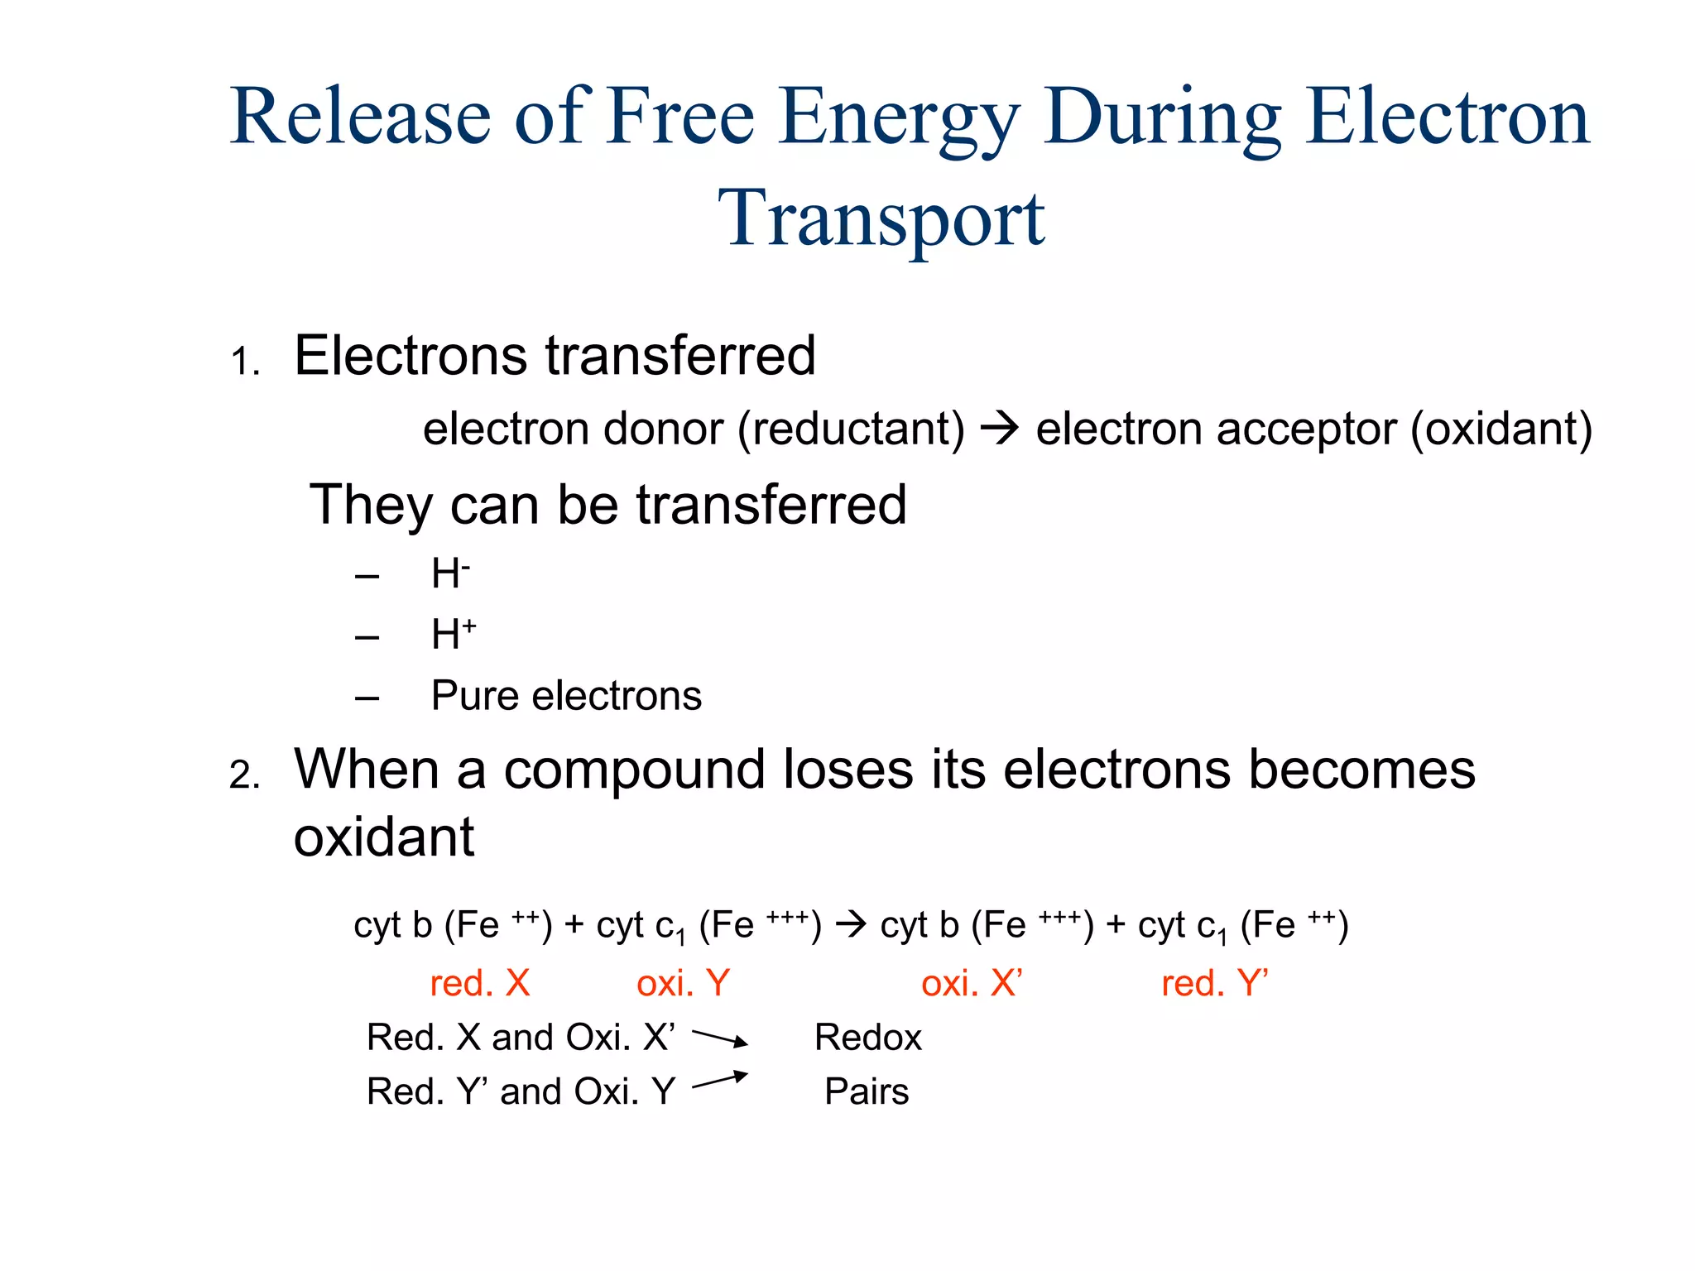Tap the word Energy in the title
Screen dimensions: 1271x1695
898,118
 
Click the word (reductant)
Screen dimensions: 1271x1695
851,429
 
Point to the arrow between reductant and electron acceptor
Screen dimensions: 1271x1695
1000,429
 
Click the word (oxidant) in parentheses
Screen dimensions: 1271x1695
1501,429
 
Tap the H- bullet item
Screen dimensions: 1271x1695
450,573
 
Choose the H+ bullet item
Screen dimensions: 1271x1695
454,635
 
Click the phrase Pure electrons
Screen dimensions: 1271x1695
566,696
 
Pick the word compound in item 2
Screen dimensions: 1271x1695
636,770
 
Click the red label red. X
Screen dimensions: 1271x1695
479,983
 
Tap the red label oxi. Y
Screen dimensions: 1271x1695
683,983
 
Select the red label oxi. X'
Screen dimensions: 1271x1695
972,983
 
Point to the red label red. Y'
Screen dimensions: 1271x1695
1214,983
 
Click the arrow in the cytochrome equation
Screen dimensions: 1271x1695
851,923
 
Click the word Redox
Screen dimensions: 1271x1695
867,1038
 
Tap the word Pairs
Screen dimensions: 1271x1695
867,1091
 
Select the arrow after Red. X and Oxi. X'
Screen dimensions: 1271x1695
719,1038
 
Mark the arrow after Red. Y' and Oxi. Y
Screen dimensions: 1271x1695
719,1081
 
